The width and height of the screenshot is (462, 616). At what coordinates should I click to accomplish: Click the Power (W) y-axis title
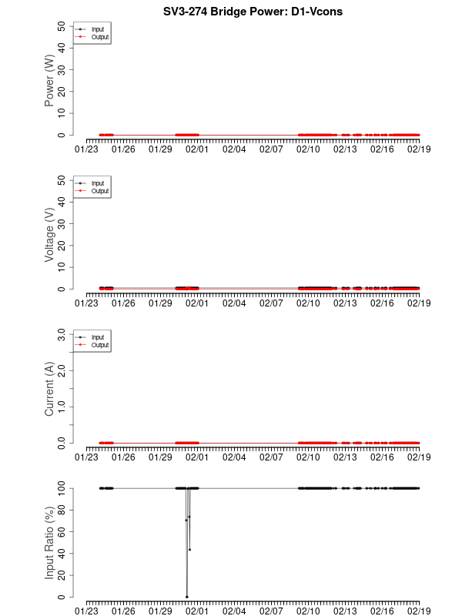[x=49, y=81]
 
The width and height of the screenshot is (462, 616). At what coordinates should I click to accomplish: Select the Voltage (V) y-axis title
[x=49, y=235]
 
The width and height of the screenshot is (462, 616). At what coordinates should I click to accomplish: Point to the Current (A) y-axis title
[x=49, y=389]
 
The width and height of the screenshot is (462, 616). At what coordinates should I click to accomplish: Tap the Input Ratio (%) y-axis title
[x=49, y=543]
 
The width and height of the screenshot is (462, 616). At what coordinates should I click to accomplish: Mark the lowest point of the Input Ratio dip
[x=186, y=597]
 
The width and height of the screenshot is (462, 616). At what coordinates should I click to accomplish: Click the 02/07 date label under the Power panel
[x=271, y=149]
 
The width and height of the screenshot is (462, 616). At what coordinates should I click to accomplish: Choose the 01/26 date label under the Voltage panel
[x=124, y=303]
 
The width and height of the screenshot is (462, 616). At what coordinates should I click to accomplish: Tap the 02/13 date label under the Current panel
[x=345, y=457]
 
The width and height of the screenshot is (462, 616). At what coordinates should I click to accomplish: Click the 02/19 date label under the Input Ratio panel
[x=419, y=611]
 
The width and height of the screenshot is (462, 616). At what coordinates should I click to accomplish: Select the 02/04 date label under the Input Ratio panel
[x=234, y=611]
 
